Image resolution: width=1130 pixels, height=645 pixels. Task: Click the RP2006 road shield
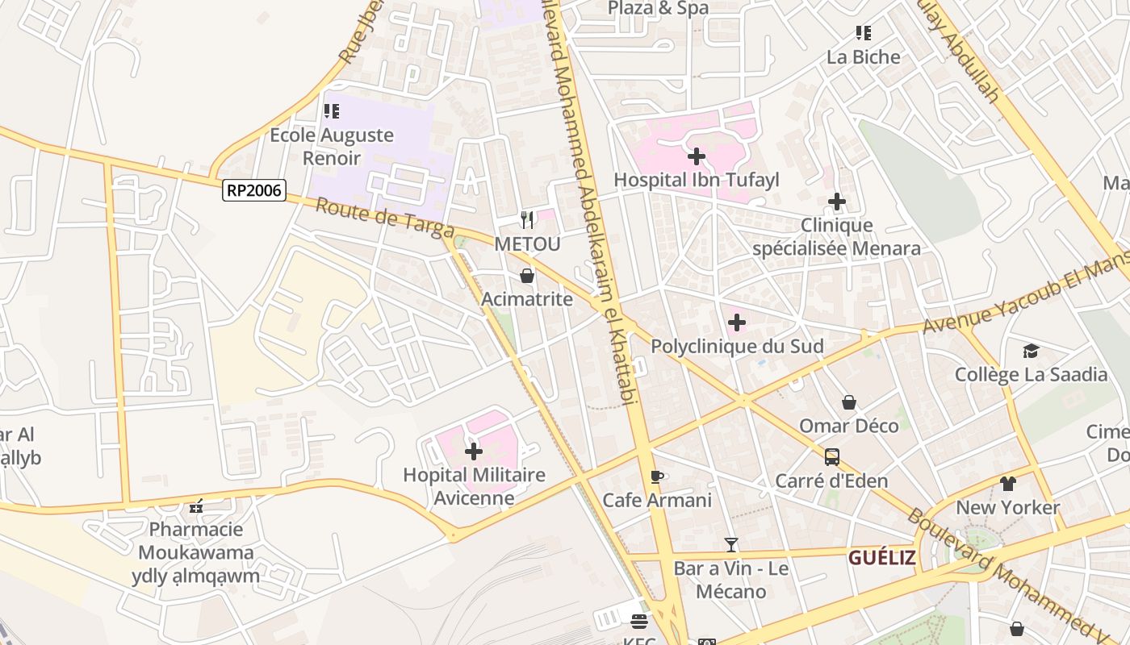tap(254, 190)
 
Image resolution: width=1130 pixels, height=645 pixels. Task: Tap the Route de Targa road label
tap(384, 218)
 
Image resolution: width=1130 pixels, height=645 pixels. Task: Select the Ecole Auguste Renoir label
tap(331, 146)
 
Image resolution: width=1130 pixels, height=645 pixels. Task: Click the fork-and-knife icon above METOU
tap(527, 218)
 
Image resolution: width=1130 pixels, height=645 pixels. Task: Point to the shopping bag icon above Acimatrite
tap(527, 276)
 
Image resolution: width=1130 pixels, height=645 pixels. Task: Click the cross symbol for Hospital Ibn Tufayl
tap(697, 156)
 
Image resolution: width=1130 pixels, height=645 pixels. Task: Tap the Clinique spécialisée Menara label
tap(836, 237)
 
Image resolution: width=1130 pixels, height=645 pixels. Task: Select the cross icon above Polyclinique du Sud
tap(736, 323)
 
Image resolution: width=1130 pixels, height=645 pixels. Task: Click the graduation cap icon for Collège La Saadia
tap(1031, 351)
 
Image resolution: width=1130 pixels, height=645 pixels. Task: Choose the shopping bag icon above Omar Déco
tap(849, 402)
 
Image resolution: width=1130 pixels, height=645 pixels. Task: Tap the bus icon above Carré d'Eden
tap(831, 457)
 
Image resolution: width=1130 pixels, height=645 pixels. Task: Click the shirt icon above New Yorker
tap(1007, 484)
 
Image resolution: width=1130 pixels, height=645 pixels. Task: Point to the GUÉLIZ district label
tap(881, 557)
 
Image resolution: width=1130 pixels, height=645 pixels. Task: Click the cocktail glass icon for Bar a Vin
tap(731, 545)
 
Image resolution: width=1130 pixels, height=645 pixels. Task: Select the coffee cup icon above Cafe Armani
tap(657, 476)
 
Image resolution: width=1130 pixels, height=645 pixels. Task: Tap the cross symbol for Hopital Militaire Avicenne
tap(474, 451)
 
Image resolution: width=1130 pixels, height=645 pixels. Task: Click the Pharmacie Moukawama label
tap(196, 541)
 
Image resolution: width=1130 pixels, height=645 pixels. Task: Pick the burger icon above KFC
tap(639, 622)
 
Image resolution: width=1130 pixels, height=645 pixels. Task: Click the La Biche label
tap(863, 56)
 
